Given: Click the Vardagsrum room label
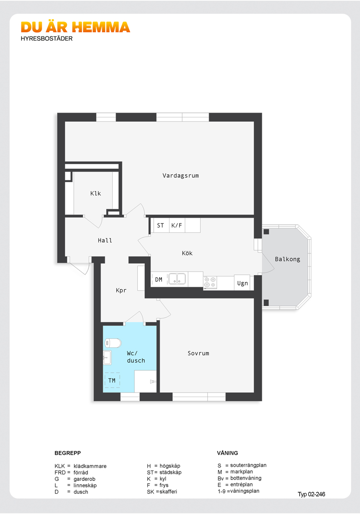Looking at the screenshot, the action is (x=180, y=176).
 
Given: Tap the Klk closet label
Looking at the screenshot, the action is (x=95, y=194).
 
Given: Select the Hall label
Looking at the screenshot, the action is (x=105, y=241).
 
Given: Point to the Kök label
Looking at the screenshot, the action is (x=187, y=253).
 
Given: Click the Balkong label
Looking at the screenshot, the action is (x=287, y=259).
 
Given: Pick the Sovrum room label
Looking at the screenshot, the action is (x=198, y=354).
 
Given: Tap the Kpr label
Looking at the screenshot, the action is (x=121, y=291).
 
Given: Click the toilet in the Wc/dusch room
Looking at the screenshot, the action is (x=113, y=343).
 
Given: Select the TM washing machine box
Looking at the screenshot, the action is (x=112, y=381).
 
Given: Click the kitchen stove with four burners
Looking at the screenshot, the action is (x=210, y=282).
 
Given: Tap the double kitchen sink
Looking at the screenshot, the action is (x=177, y=279).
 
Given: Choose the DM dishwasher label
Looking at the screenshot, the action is (x=159, y=280).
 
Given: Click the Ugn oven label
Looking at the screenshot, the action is (x=243, y=283).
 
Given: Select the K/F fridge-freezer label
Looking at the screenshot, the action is (x=177, y=226).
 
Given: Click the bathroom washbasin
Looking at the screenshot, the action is (x=107, y=358).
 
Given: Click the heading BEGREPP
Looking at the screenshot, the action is (x=68, y=453).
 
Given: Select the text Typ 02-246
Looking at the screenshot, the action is (x=311, y=494).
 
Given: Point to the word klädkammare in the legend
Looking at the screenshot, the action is (x=90, y=466).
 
